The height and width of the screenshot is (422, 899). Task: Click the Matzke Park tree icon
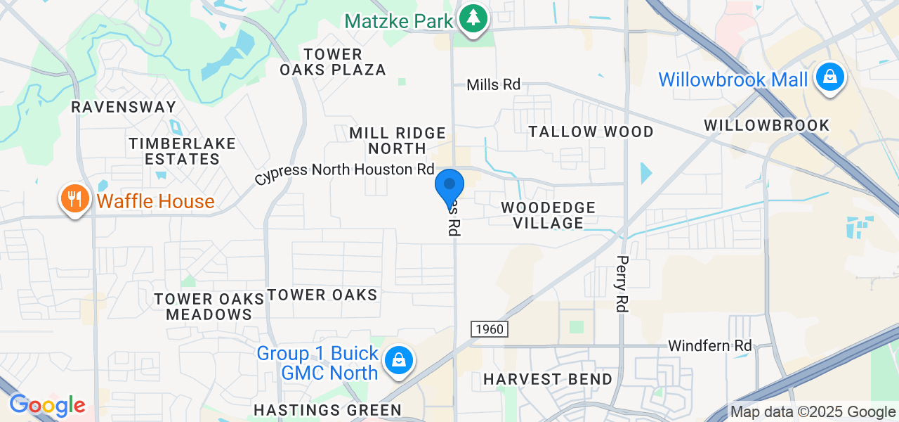click(x=474, y=19)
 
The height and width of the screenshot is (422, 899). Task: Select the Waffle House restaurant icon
click(x=74, y=199)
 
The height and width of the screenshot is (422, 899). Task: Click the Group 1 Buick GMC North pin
click(x=398, y=361)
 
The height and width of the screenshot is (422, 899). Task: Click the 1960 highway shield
click(x=489, y=329)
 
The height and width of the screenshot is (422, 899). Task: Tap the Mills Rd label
click(x=494, y=84)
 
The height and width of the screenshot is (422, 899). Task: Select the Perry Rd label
click(x=622, y=283)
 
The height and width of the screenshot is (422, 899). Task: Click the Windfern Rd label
click(x=709, y=346)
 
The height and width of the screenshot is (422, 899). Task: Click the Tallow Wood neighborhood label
click(x=591, y=132)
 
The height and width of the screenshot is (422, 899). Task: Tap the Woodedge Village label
click(x=548, y=215)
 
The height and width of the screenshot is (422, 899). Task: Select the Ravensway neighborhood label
click(x=124, y=107)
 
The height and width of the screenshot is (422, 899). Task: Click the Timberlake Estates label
click(x=182, y=151)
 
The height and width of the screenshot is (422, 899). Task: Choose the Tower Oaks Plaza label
click(x=333, y=62)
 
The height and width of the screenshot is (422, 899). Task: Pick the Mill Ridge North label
click(x=398, y=141)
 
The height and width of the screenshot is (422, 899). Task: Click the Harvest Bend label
click(x=548, y=380)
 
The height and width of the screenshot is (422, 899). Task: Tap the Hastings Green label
click(x=327, y=410)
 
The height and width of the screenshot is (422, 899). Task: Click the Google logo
click(x=47, y=406)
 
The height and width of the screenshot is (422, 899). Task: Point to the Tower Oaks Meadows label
click(x=209, y=307)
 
